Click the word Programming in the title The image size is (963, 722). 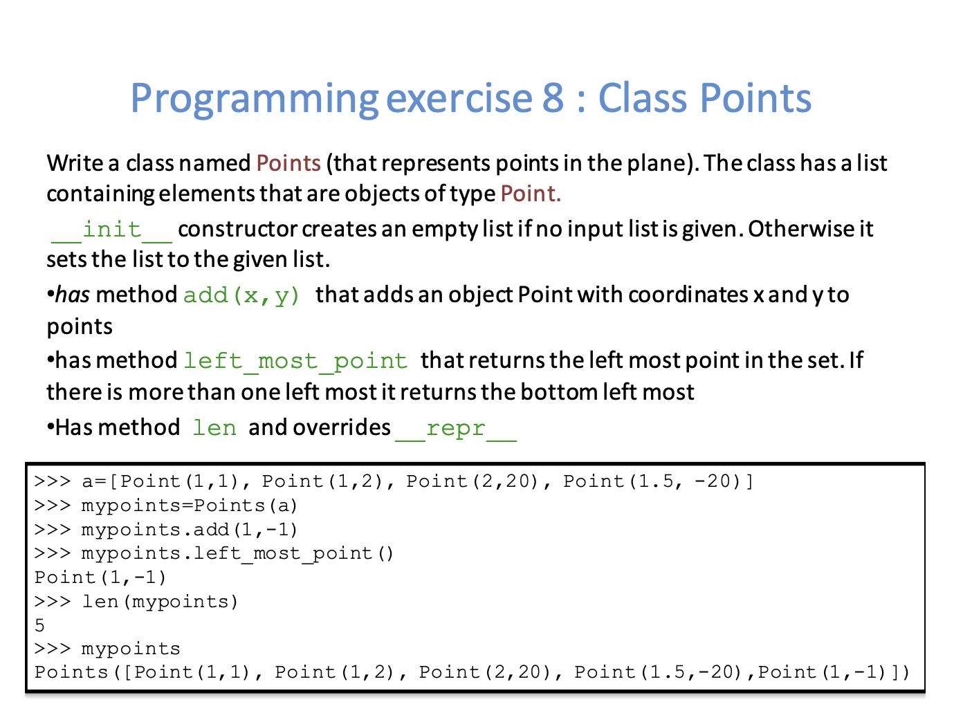[x=255, y=100]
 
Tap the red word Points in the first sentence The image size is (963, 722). [x=288, y=163]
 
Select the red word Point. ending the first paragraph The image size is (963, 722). [x=531, y=194]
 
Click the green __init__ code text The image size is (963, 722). [x=111, y=230]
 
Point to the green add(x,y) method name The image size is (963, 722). [x=241, y=295]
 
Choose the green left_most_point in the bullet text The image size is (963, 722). [x=295, y=362]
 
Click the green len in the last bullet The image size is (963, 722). [x=214, y=427]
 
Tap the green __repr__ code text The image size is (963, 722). [x=456, y=429]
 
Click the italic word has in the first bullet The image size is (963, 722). [x=73, y=294]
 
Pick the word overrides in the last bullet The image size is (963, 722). [x=341, y=427]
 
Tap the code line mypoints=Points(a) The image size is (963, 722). [x=190, y=506]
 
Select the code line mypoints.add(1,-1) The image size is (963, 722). [x=190, y=530]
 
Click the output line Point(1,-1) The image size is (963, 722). [x=100, y=577]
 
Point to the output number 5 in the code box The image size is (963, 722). [x=39, y=625]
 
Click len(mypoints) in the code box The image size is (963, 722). [x=160, y=602]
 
